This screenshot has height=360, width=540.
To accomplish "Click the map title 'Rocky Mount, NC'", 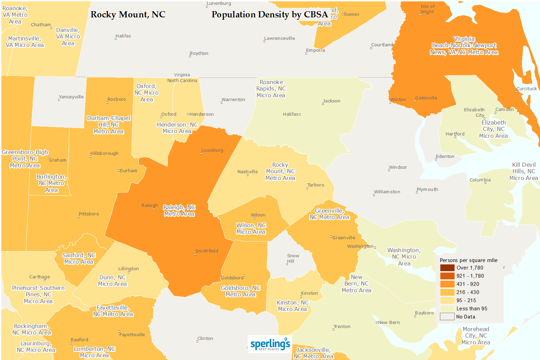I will pyautogui.click(x=128, y=15).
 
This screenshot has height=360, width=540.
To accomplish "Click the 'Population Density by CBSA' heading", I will pyautogui.click(x=269, y=15).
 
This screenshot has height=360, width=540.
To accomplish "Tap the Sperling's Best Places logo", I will pyautogui.click(x=270, y=344).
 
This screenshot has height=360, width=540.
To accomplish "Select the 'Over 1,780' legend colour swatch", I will pyautogui.click(x=447, y=268).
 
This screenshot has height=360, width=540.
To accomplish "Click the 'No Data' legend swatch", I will pyautogui.click(x=447, y=317).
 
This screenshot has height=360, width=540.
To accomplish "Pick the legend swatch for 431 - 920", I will pyautogui.click(x=447, y=284).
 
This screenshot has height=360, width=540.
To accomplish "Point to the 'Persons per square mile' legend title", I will pyautogui.click(x=469, y=260).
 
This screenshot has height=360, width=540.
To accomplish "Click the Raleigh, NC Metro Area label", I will pyautogui.click(x=179, y=211).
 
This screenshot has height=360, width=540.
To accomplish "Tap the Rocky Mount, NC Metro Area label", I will pyautogui.click(x=280, y=171).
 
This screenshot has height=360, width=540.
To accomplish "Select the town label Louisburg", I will pyautogui.click(x=212, y=150).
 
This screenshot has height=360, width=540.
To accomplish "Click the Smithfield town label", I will pyautogui.click(x=207, y=251).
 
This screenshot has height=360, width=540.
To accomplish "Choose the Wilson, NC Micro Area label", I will pyautogui.click(x=251, y=229).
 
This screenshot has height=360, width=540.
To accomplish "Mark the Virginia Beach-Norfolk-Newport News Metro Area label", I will pyautogui.click(x=464, y=46).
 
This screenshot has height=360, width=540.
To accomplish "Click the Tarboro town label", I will pyautogui.click(x=316, y=185).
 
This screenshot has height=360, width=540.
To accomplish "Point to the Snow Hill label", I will pyautogui.click(x=293, y=259).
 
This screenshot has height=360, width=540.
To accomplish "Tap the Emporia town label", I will pyautogui.click(x=315, y=50).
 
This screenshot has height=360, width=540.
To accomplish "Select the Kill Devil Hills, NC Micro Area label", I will pyautogui.click(x=524, y=171).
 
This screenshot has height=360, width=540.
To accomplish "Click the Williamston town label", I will pyautogui.click(x=387, y=192).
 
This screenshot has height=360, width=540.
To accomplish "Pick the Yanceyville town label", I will pyautogui.click(x=71, y=97).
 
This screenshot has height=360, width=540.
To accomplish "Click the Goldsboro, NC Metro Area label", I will pyautogui.click(x=241, y=291).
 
